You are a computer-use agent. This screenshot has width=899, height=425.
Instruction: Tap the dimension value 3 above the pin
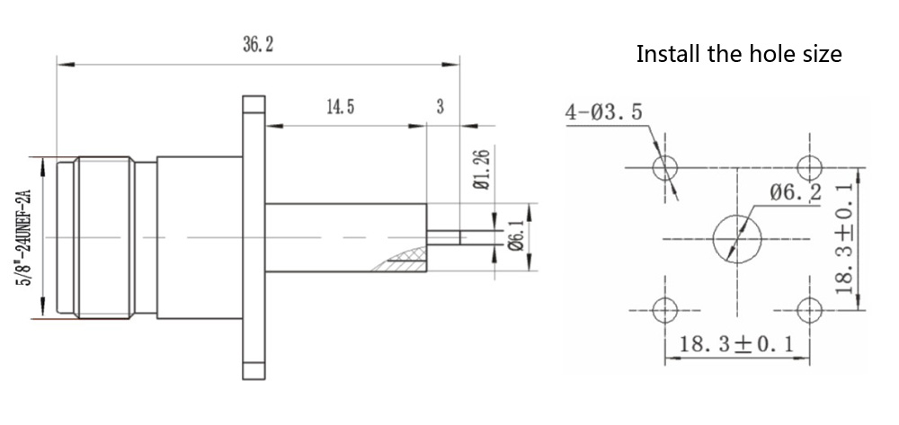pyautogui.click(x=441, y=107)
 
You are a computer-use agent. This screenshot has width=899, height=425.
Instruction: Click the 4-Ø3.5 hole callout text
pyautogui.click(x=603, y=113)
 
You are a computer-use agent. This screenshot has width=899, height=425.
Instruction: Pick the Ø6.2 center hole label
pyautogui.click(x=796, y=192)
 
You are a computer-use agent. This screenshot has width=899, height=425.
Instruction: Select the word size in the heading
pyautogui.click(x=821, y=54)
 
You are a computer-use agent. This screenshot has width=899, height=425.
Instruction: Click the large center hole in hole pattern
pyautogui.click(x=737, y=238)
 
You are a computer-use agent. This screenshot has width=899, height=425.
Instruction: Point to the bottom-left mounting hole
pyautogui.click(x=665, y=311)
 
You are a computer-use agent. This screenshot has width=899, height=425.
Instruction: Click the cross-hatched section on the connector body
pyautogui.click(x=400, y=261)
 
